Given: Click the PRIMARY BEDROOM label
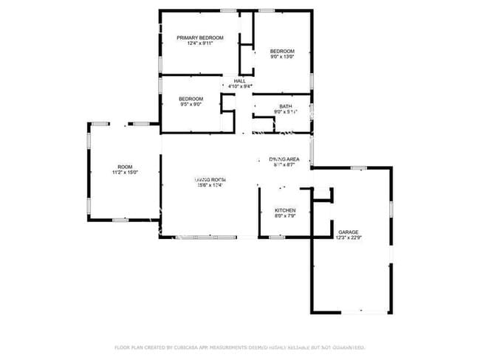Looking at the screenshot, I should tap(199, 37).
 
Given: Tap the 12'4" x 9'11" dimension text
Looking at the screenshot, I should tap(199, 44).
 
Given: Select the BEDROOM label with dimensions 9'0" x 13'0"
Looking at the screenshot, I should tap(282, 51).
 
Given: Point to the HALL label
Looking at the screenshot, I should tap(240, 80).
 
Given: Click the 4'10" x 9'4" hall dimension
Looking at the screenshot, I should tap(240, 87).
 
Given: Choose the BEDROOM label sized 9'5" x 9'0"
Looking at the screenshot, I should tap(191, 98).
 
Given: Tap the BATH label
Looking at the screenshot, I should tap(285, 106).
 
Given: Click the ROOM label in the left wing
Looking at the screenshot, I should tap(125, 167).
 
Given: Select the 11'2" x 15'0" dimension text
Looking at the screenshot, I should tap(125, 173).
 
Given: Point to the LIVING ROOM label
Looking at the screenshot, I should tap(210, 179).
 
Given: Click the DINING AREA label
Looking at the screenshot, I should tap(284, 159).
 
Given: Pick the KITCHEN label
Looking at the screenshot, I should tap(285, 210).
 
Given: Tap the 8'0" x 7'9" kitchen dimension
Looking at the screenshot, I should tap(285, 216).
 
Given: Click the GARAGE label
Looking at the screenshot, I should tap(349, 232).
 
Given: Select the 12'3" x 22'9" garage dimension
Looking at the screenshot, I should tap(349, 238).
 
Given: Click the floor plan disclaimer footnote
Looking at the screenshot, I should tap(240, 347).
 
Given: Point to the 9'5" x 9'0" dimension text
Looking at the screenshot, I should tap(191, 105).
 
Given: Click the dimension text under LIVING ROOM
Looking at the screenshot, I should tap(210, 185).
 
